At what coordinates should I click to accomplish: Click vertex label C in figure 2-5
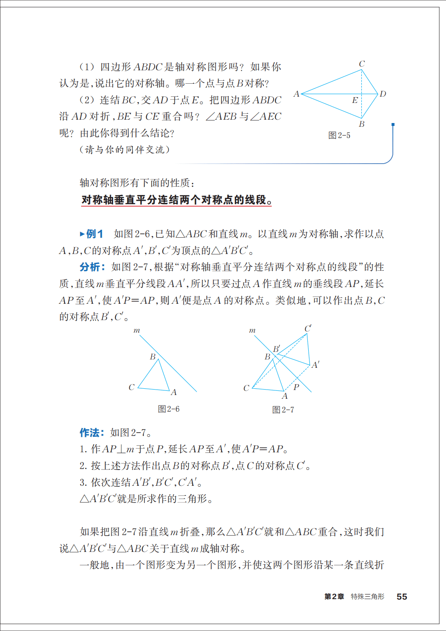click(x=362, y=64)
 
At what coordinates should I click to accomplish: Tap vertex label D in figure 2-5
click(x=383, y=94)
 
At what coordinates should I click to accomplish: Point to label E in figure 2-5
click(x=355, y=100)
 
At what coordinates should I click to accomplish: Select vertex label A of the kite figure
click(x=296, y=94)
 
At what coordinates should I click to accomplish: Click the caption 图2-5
click(x=339, y=135)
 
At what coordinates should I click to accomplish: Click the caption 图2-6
click(x=168, y=409)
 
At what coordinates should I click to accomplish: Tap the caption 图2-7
click(x=283, y=410)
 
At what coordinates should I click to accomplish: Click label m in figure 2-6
click(x=137, y=331)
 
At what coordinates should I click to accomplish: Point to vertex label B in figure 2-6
click(x=153, y=357)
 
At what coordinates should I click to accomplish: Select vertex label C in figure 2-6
click(x=131, y=387)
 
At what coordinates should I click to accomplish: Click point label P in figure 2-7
click(x=296, y=387)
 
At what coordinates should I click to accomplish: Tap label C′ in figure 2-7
click(x=308, y=328)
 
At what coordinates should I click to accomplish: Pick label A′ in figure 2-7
click(x=315, y=365)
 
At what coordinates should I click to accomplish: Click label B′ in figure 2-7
click(x=276, y=349)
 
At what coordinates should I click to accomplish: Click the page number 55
click(x=402, y=597)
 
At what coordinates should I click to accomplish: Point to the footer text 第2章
click(x=334, y=597)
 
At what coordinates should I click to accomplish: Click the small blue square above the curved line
click(x=393, y=125)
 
